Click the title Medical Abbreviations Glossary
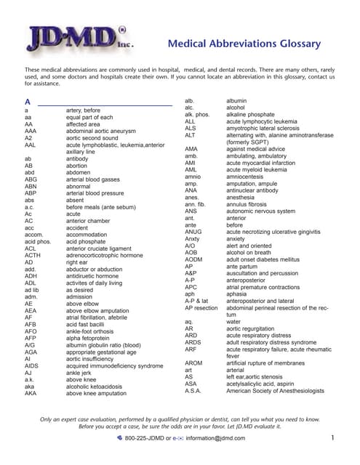click(244, 44)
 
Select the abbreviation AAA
click(30, 131)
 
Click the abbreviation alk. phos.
click(197, 115)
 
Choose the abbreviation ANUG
click(194, 232)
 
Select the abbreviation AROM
click(194, 363)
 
